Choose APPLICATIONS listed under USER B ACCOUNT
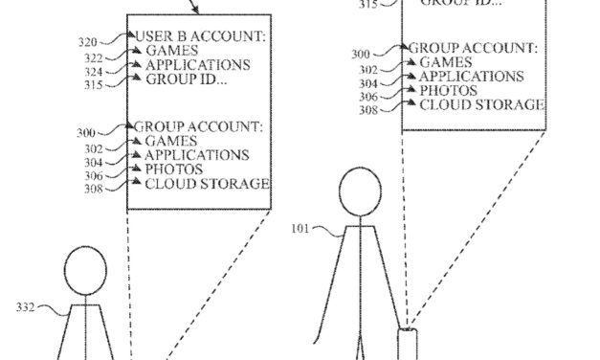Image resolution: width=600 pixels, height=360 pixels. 197,65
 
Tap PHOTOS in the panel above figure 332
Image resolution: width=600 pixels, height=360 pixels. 174,169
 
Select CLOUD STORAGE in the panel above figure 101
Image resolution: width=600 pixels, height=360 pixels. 482,104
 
